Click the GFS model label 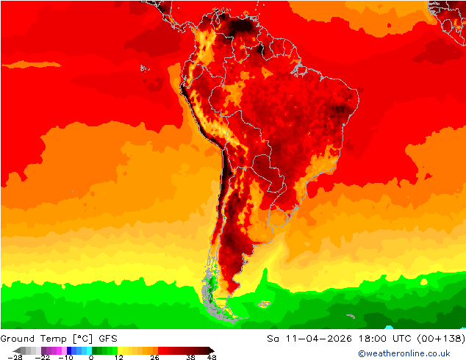point(107,338)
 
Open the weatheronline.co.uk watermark point(404,353)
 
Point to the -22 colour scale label point(43,357)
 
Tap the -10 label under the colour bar point(65,357)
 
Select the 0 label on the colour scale point(91,357)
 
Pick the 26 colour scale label point(154,357)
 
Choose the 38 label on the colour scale point(190,357)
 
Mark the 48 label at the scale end point(211,357)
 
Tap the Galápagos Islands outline point(144,69)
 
